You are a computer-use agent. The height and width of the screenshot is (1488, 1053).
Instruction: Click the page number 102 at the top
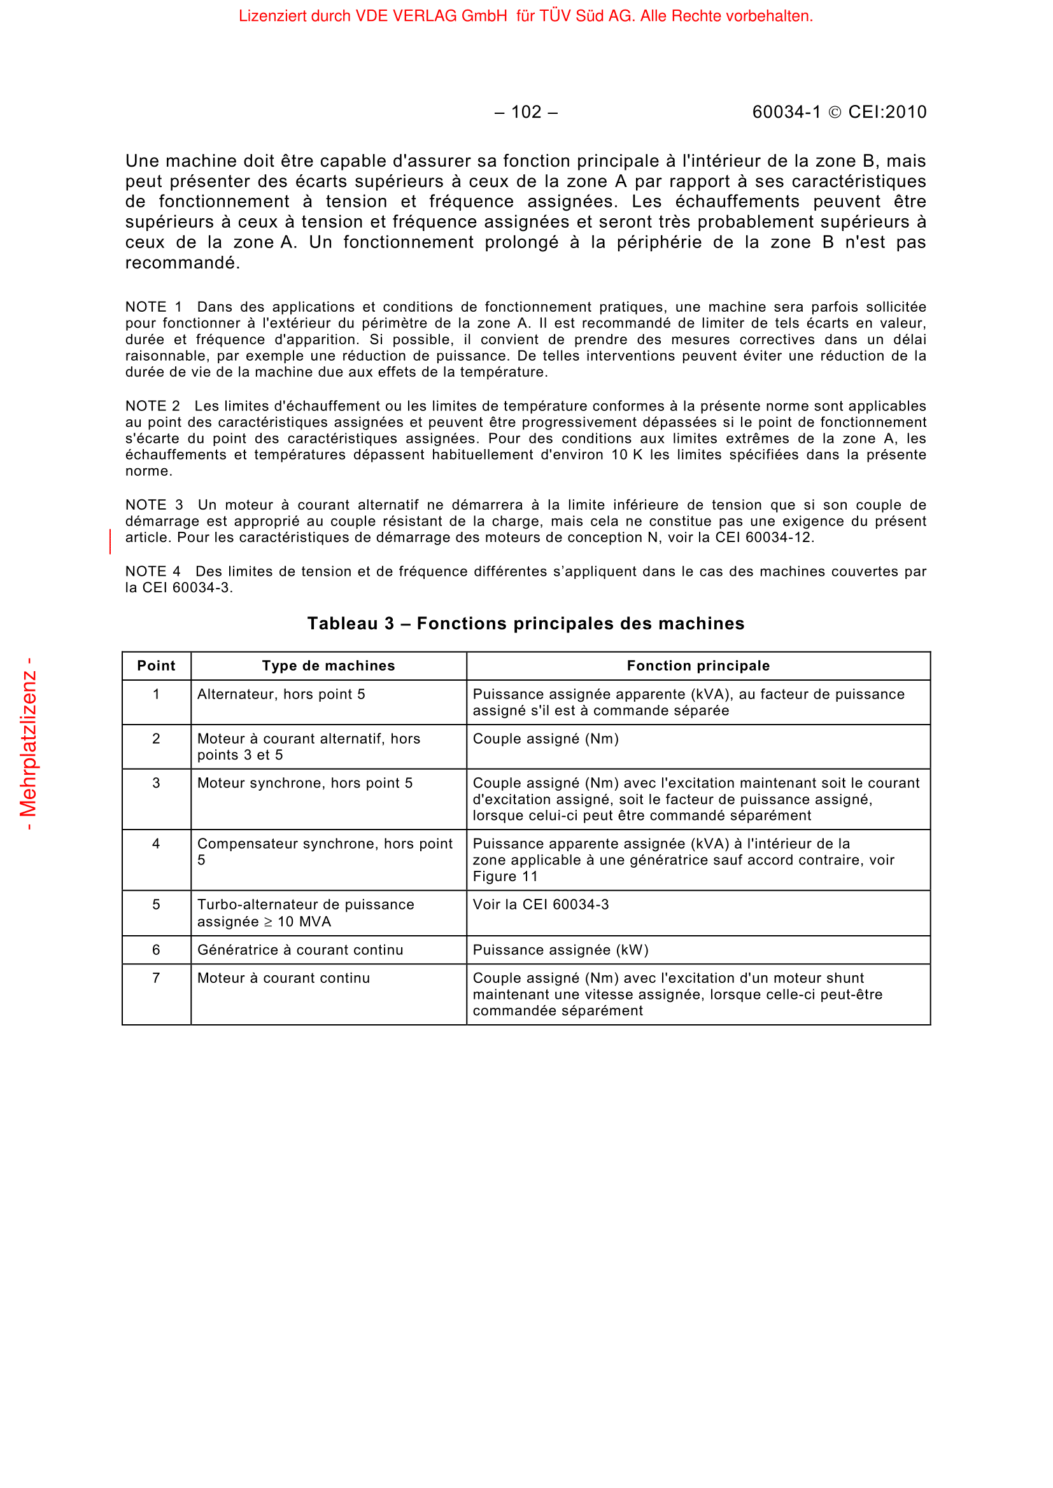pyautogui.click(x=526, y=112)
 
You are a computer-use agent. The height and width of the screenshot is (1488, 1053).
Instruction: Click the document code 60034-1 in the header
pyautogui.click(x=786, y=112)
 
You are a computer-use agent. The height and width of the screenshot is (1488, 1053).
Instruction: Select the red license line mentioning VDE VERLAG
pyautogui.click(x=525, y=16)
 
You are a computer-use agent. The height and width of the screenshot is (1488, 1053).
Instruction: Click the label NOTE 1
pyautogui.click(x=153, y=307)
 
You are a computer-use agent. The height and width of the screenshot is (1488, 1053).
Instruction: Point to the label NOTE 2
pyautogui.click(x=152, y=407)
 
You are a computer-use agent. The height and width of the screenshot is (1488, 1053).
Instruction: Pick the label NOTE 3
pyautogui.click(x=153, y=505)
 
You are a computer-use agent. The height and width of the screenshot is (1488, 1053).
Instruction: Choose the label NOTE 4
pyautogui.click(x=152, y=572)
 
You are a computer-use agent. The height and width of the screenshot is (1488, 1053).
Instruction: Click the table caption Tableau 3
pyautogui.click(x=525, y=623)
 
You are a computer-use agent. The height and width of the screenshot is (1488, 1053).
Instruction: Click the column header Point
pyautogui.click(x=156, y=665)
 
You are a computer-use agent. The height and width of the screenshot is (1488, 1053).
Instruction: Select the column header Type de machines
pyautogui.click(x=328, y=665)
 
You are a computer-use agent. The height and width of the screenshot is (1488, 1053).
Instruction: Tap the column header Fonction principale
pyautogui.click(x=698, y=665)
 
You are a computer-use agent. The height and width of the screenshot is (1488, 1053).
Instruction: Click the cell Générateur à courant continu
pyautogui.click(x=300, y=950)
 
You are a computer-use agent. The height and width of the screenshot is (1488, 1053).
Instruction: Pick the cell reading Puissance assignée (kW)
pyautogui.click(x=560, y=950)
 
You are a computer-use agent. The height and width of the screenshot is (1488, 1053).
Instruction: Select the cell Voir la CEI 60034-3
pyautogui.click(x=541, y=905)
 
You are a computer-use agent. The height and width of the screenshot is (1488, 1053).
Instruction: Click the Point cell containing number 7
pyautogui.click(x=156, y=978)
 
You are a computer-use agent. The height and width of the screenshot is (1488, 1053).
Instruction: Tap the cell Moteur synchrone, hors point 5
pyautogui.click(x=305, y=783)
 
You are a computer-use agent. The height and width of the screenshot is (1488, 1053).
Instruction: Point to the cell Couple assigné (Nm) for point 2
pyautogui.click(x=546, y=739)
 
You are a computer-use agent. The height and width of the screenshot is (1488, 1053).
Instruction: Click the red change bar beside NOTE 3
pyautogui.click(x=110, y=541)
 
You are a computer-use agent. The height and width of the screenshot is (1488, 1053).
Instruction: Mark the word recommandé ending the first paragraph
pyautogui.click(x=181, y=263)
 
